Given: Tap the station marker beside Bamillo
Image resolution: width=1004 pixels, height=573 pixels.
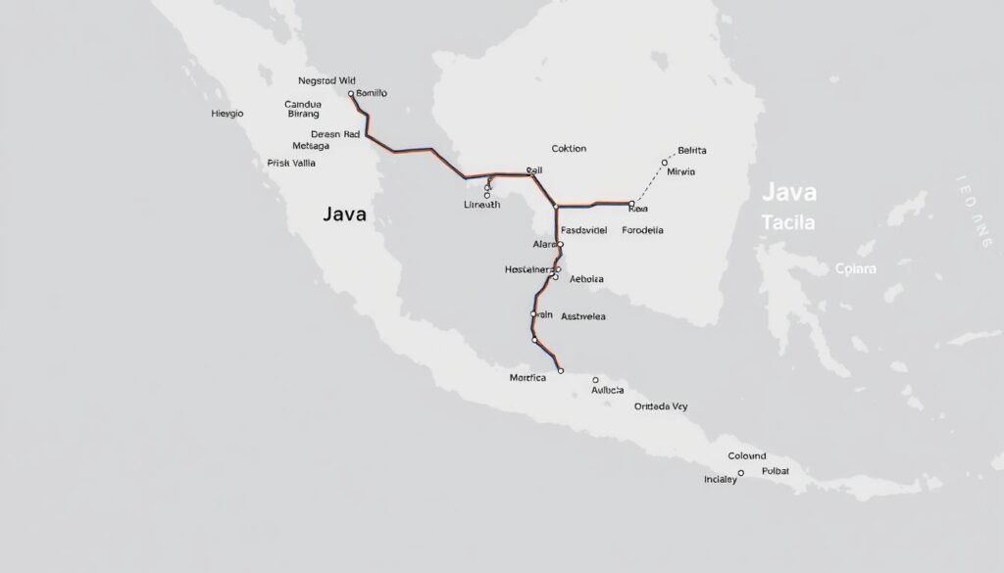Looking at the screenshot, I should [x=351, y=94].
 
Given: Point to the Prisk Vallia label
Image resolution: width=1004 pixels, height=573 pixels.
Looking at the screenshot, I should [x=291, y=164].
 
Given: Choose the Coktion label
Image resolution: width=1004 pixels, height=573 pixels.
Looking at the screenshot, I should [x=569, y=149].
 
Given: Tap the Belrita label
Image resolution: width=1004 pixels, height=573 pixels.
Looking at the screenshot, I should [x=692, y=151].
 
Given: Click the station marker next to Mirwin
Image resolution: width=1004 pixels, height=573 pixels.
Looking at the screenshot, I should [x=665, y=163].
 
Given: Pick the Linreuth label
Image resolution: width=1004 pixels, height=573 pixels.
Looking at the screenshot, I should [x=481, y=205].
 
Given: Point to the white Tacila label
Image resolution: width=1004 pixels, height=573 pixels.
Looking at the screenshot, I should [x=787, y=222].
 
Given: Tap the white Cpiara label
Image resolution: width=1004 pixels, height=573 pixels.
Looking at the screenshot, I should [x=855, y=267].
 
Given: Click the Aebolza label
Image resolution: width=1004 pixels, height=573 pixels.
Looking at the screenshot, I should [x=586, y=279].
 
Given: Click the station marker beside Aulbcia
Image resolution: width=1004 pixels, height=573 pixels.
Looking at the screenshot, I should [x=594, y=379].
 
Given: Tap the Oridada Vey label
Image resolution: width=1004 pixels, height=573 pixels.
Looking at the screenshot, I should [x=661, y=406].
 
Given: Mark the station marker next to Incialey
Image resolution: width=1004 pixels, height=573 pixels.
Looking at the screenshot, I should [x=741, y=472].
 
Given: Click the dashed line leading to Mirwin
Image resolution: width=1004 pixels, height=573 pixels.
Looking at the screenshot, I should [x=648, y=183].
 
